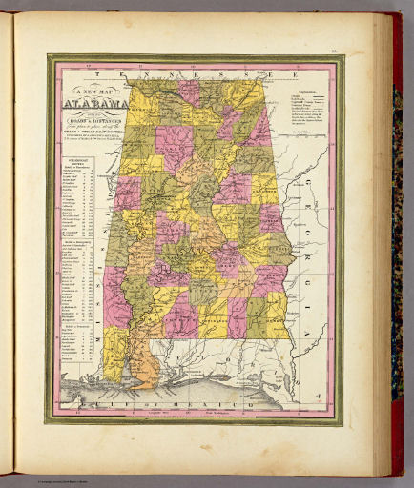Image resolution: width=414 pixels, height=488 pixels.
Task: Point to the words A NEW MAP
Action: pyautogui.click(x=94, y=91)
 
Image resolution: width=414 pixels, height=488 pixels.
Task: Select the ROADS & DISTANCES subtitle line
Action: pyautogui.click(x=94, y=123)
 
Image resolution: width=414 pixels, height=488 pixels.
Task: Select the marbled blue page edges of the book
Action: pyautogui.click(x=396, y=191)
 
